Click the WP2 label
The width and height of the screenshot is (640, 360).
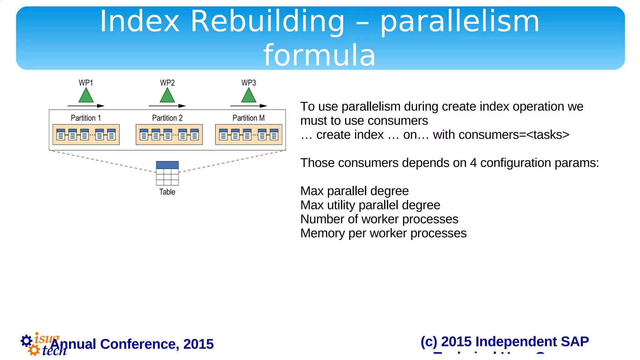point(167,83)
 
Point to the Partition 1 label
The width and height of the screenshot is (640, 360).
point(86,118)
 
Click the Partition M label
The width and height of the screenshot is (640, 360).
point(248,118)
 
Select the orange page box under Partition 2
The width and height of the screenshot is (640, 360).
point(169,135)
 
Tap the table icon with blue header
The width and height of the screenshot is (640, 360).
point(167,173)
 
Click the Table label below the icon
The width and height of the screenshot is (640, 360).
point(167,192)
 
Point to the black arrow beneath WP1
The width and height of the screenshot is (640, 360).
point(86,106)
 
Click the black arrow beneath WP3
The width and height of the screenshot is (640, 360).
point(249,106)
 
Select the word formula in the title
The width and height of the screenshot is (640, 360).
point(319,55)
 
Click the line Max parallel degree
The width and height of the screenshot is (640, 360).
point(354,191)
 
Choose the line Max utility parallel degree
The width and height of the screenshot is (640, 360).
point(370,205)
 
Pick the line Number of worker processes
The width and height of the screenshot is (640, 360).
point(379,219)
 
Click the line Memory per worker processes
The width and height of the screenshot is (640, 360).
point(383,233)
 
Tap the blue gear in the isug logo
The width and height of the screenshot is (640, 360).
point(26,341)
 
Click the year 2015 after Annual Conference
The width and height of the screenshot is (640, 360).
point(198,344)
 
